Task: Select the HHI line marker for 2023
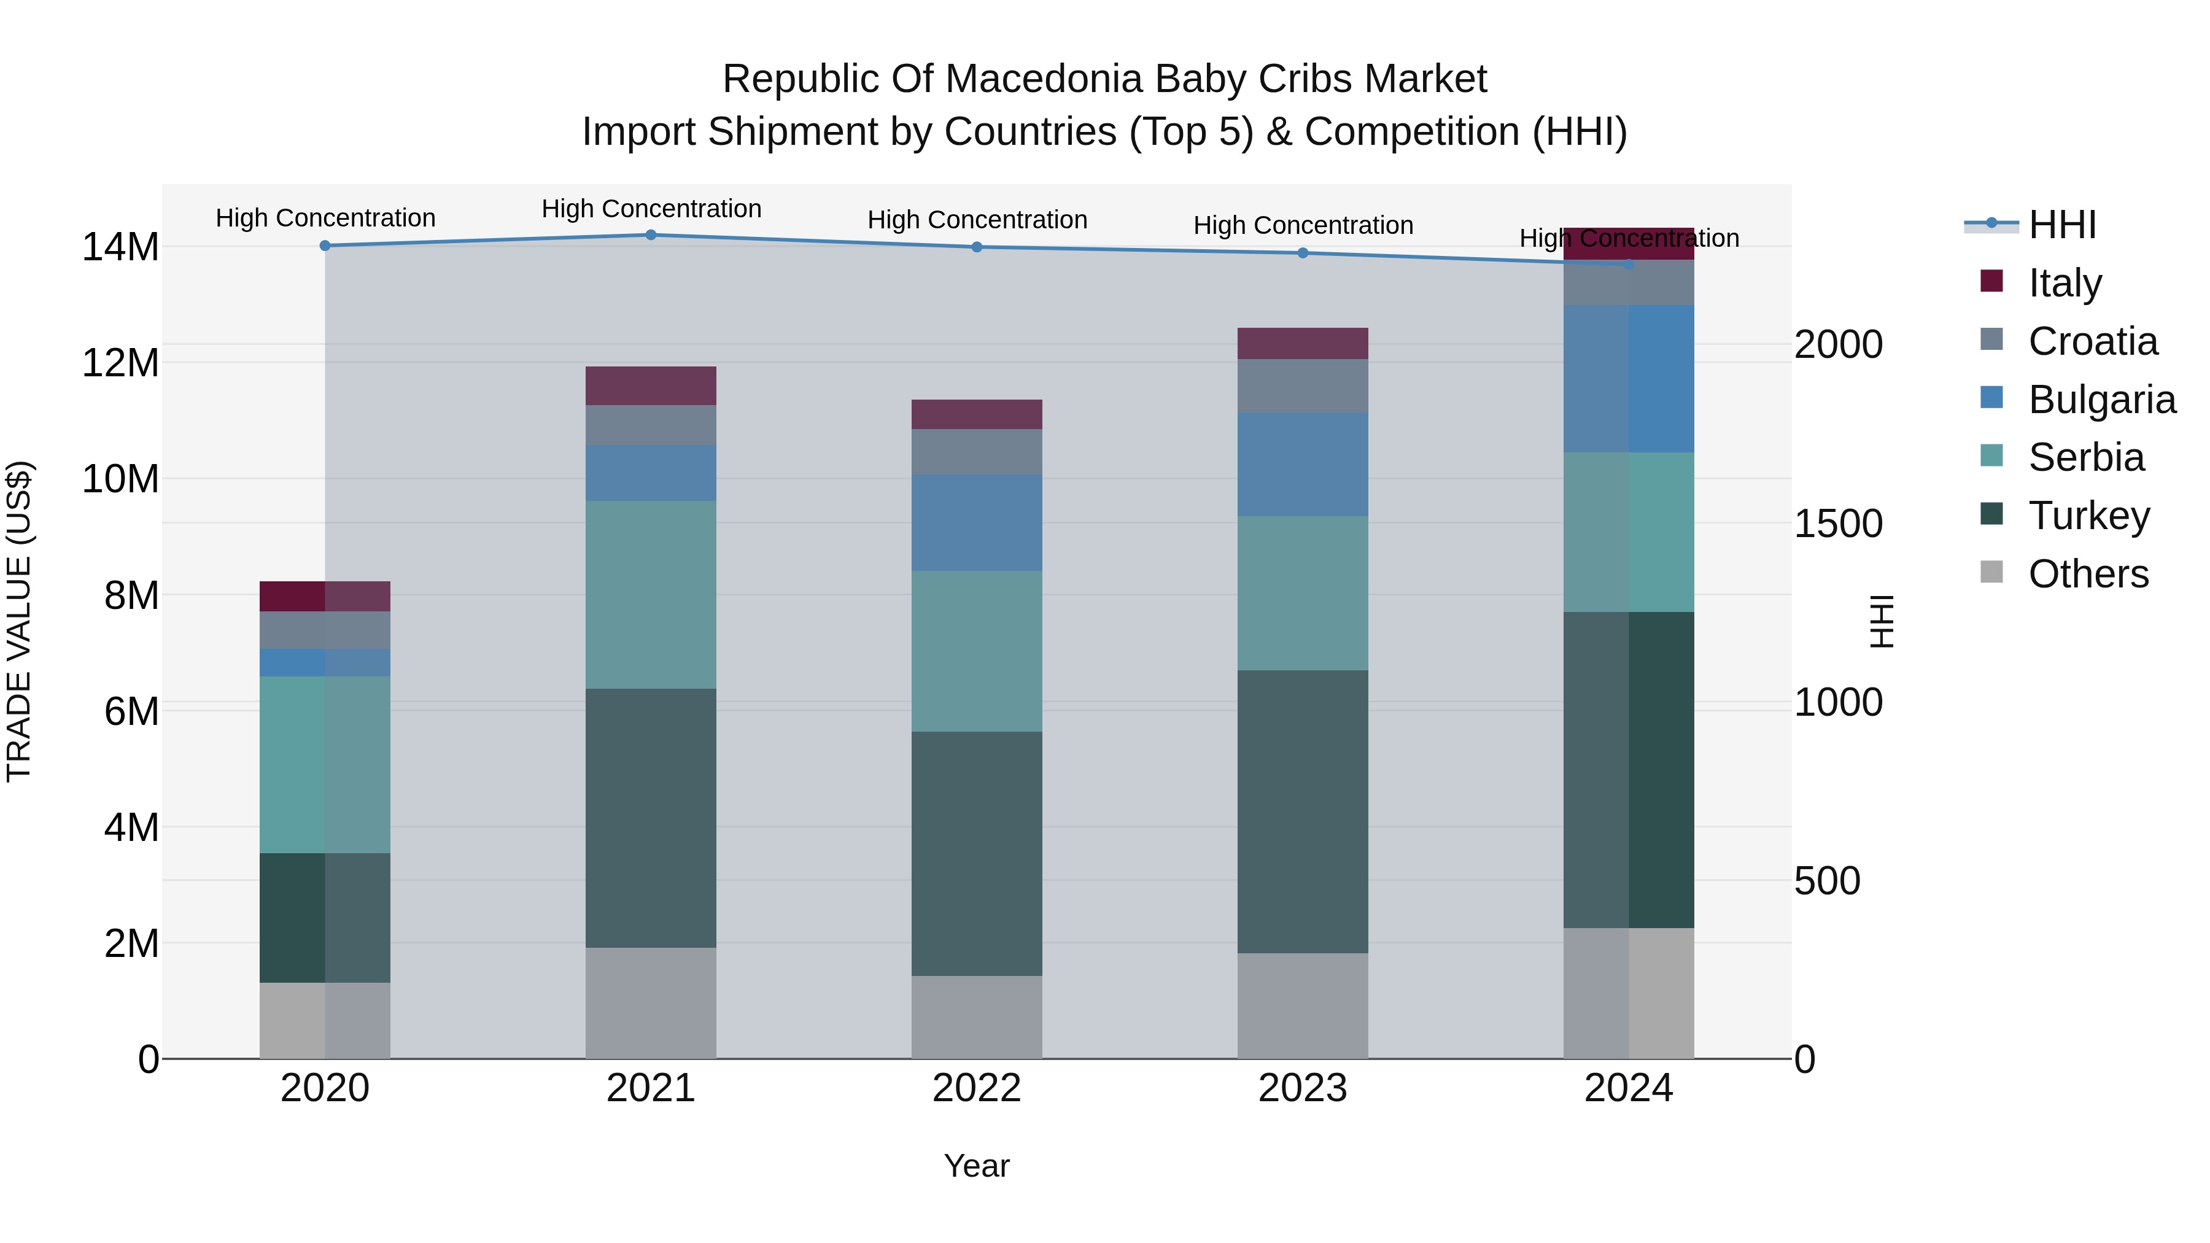(1302, 253)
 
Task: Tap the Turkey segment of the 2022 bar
(976, 854)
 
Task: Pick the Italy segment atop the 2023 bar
(1302, 343)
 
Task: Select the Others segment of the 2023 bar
(1302, 1005)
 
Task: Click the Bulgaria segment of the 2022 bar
(976, 522)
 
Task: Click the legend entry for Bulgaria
(2101, 400)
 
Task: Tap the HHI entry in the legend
(2061, 225)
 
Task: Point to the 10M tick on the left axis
(120, 479)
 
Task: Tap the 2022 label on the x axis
(976, 1088)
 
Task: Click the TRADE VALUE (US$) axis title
(19, 621)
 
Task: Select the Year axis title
(976, 1166)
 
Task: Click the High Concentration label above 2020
(325, 218)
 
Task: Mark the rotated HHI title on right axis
(1882, 621)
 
